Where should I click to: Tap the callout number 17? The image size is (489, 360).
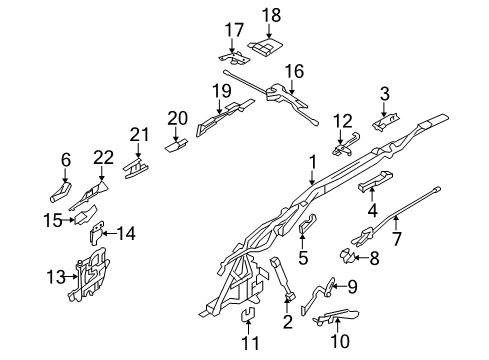pyautogui.click(x=233, y=28)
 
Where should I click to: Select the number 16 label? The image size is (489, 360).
pyautogui.click(x=294, y=71)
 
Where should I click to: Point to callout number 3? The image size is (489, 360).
pyautogui.click(x=383, y=95)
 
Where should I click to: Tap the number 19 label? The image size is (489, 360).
pyautogui.click(x=221, y=92)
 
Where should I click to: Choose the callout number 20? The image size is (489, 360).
pyautogui.click(x=177, y=118)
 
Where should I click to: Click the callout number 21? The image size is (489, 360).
pyautogui.click(x=139, y=134)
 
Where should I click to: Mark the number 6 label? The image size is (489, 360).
pyautogui.click(x=66, y=158)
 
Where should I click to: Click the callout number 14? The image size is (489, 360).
pyautogui.click(x=126, y=233)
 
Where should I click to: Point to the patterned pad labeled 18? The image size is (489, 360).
pyautogui.click(x=268, y=45)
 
